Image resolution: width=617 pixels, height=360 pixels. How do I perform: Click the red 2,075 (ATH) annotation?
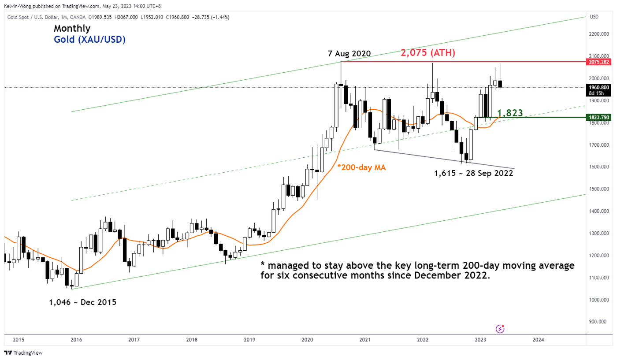click(x=427, y=53)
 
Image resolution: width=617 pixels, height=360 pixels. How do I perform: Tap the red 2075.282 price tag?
click(x=599, y=62)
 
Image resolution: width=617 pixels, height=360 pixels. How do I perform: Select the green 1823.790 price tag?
click(x=599, y=118)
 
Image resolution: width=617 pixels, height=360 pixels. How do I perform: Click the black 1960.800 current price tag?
click(x=599, y=87)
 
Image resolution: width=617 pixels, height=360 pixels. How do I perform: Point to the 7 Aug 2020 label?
click(x=349, y=54)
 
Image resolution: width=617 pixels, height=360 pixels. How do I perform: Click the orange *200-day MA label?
click(x=361, y=167)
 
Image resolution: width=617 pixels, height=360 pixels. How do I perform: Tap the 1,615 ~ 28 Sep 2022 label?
click(x=473, y=173)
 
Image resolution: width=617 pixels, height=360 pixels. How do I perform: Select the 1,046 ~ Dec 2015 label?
click(x=83, y=302)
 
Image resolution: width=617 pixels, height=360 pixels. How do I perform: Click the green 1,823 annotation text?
click(x=509, y=113)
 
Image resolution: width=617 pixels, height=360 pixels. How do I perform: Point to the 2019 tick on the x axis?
click(x=249, y=340)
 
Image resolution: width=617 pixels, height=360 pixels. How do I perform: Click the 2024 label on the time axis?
click(x=538, y=340)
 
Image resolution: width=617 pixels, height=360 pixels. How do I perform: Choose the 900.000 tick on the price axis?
click(x=599, y=322)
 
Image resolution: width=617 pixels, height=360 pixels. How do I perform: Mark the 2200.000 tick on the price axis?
click(x=599, y=34)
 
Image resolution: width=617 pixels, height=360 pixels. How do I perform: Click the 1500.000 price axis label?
click(x=599, y=189)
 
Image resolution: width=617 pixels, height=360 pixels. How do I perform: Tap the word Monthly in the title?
click(x=72, y=29)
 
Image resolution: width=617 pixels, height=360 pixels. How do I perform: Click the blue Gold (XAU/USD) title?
click(x=89, y=39)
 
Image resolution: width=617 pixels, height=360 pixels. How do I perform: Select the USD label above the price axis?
click(x=594, y=17)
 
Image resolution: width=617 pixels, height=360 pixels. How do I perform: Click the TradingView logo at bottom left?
click(x=23, y=353)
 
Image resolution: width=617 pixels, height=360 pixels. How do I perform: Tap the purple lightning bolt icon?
click(x=500, y=328)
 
